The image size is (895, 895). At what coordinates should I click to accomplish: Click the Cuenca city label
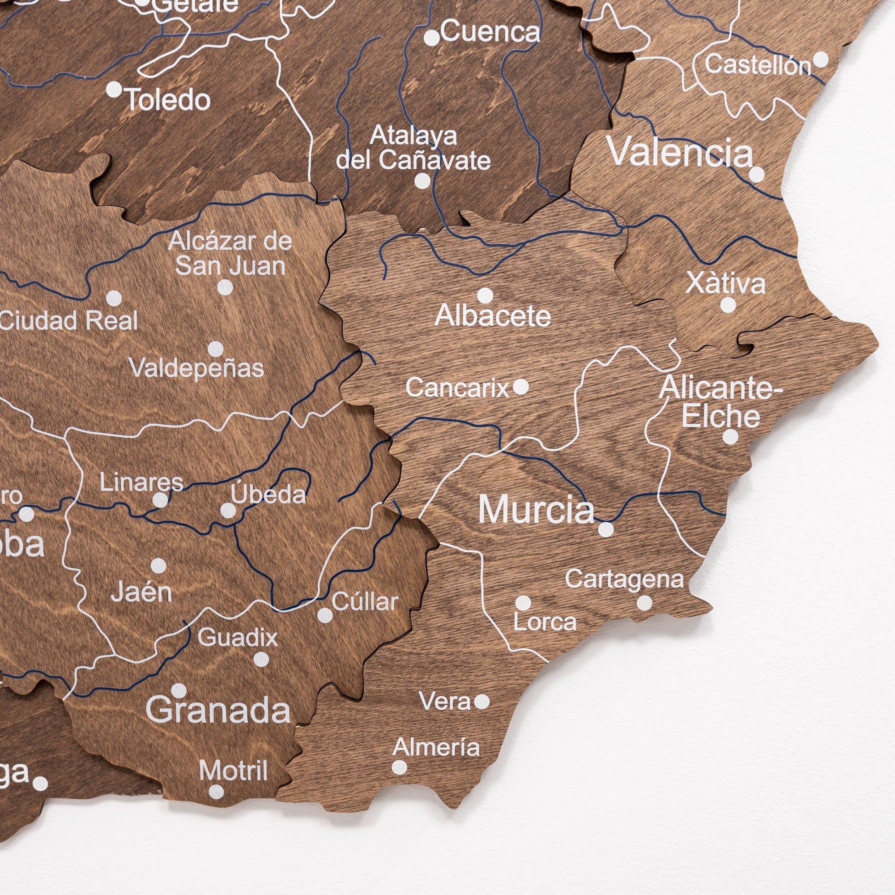pyautogui.click(x=490, y=32)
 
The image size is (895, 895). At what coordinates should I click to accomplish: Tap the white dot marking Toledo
pyautogui.click(x=114, y=89)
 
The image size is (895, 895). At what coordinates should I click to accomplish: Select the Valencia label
pyautogui.click(x=681, y=152)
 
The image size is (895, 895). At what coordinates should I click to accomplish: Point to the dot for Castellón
pyautogui.click(x=821, y=60)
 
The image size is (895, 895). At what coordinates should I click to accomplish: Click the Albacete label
pyautogui.click(x=493, y=316)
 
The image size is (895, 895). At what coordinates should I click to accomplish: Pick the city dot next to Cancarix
pyautogui.click(x=521, y=386)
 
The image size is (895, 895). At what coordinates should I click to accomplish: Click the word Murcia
pyautogui.click(x=536, y=510)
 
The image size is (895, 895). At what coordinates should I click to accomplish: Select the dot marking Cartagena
pyautogui.click(x=644, y=603)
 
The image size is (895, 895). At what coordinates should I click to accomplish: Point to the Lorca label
pyautogui.click(x=545, y=622)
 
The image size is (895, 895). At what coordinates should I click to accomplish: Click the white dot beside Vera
pyautogui.click(x=482, y=702)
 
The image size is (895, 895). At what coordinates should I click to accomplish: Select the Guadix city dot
pyautogui.click(x=261, y=659)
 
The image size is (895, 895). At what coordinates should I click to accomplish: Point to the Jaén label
pyautogui.click(x=141, y=592)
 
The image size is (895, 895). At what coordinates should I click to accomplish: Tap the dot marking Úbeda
pyautogui.click(x=228, y=511)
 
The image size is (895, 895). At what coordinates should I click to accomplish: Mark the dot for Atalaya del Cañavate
pyautogui.click(x=422, y=181)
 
